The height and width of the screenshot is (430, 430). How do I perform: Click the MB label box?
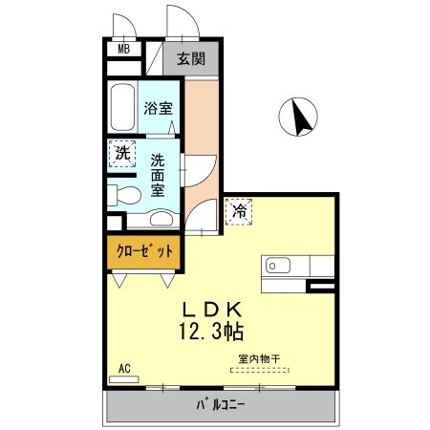[123, 50]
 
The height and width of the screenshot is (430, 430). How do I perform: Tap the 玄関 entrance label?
[191, 58]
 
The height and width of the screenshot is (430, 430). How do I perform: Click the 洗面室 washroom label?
[159, 174]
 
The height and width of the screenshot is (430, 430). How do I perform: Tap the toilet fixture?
[121, 195]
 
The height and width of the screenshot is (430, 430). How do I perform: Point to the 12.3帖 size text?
[209, 333]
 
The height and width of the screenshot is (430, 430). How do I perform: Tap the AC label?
[124, 367]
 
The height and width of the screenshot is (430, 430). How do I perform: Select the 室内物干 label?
[259, 360]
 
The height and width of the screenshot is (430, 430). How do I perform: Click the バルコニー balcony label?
[221, 404]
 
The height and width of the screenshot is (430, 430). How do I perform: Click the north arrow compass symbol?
[297, 118]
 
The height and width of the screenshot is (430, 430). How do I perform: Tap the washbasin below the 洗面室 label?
[162, 216]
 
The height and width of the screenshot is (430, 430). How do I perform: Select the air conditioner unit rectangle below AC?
[124, 378]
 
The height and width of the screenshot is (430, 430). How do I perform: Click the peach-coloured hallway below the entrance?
[201, 143]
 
